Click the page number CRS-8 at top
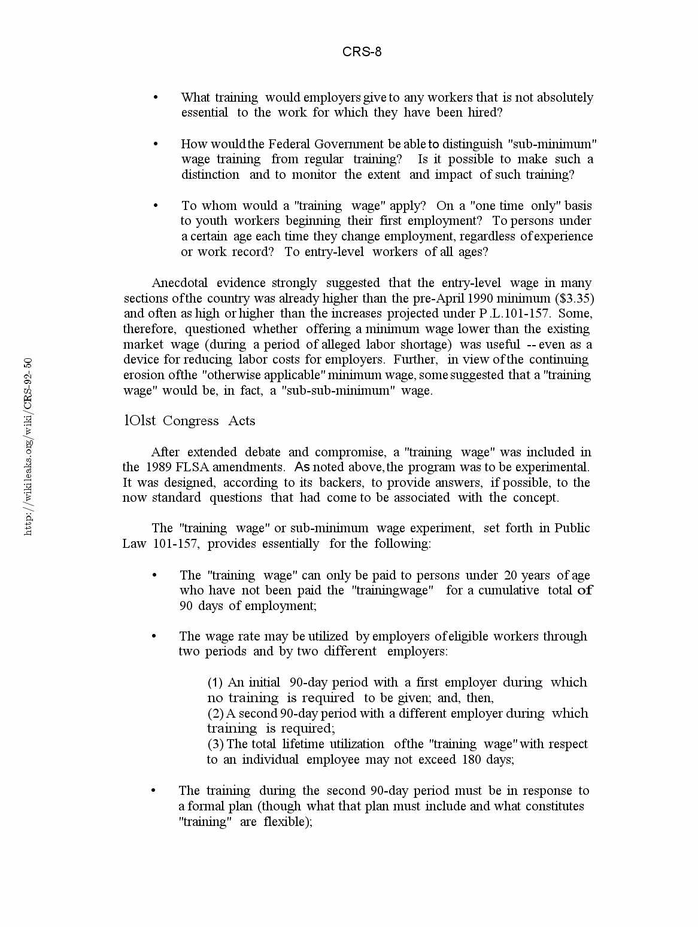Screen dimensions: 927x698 [362, 52]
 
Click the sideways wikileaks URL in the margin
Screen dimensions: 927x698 [28, 446]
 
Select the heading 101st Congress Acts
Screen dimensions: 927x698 [189, 421]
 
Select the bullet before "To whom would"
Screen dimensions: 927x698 [156, 206]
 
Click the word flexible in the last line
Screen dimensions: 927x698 [287, 822]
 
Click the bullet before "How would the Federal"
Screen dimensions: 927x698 [156, 144]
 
